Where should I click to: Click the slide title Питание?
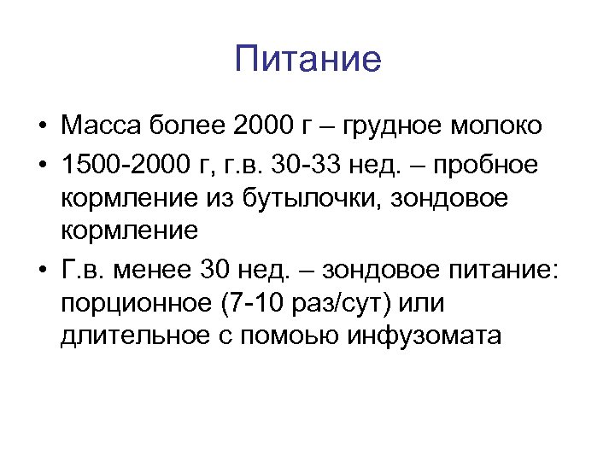[x=307, y=61]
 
